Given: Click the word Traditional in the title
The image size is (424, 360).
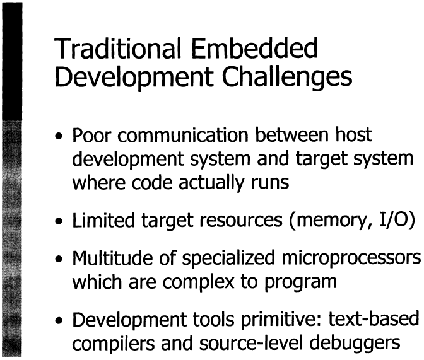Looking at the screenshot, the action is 117,48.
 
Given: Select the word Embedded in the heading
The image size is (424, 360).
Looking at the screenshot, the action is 254,48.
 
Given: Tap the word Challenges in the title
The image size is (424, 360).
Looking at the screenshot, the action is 287,78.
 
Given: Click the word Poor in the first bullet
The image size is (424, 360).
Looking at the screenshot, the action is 91,135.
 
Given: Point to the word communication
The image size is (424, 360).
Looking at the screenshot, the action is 183,135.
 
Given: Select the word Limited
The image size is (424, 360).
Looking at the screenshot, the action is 103,220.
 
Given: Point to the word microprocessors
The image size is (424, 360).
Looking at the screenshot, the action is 351,259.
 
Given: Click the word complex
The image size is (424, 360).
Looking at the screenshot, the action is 198,282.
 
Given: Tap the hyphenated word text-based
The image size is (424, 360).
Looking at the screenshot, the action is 374,319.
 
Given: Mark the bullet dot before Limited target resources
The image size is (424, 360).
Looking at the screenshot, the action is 59,222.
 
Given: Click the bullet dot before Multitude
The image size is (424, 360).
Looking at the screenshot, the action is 59,260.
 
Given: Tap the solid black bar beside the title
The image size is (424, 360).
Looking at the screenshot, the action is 12,61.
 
